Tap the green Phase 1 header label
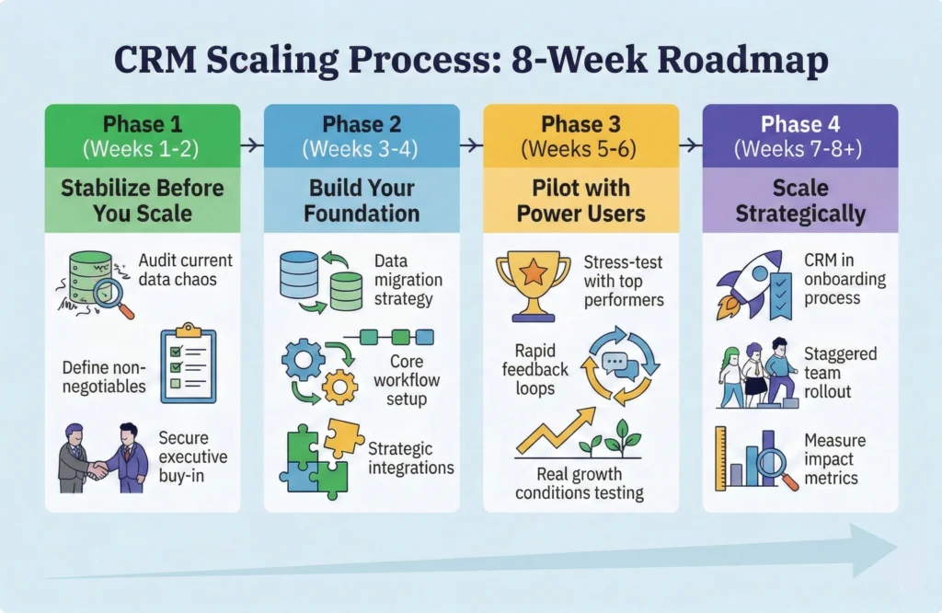click(143, 124)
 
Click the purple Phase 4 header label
click(800, 124)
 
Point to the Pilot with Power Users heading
click(581, 202)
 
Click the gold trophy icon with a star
click(533, 279)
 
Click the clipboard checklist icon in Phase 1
click(188, 363)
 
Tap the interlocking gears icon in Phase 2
click(317, 372)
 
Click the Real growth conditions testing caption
click(580, 484)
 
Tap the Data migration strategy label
click(408, 280)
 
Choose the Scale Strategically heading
click(800, 202)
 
